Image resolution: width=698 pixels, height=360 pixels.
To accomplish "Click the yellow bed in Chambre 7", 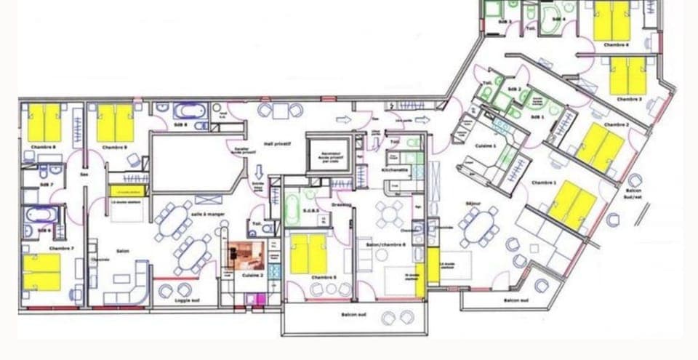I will [x=41, y=272].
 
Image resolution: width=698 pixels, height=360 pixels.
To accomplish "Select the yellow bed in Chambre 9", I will [x=115, y=124].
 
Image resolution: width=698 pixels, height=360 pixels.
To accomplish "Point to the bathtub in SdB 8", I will [x=190, y=113].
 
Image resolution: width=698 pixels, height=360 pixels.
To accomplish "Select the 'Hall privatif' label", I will [x=278, y=144].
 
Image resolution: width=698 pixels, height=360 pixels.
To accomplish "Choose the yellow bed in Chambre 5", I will [x=308, y=254].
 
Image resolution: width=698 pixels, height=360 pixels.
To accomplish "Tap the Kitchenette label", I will [x=395, y=169].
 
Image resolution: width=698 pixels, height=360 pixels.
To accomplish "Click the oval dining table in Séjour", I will [x=480, y=225].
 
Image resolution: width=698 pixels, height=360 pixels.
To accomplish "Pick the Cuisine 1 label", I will [x=485, y=145].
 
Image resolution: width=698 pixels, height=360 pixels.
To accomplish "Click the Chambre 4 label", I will [x=617, y=45].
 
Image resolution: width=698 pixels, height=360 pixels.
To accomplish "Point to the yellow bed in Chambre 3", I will [x=628, y=76].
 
